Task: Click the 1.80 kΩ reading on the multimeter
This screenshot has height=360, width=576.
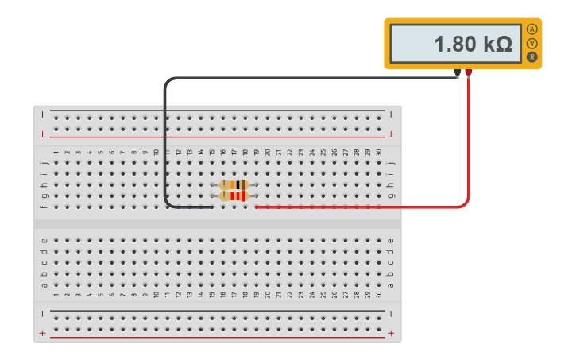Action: tap(472, 44)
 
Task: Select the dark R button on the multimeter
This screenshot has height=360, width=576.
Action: tap(532, 56)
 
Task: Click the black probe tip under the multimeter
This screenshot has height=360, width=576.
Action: tap(457, 74)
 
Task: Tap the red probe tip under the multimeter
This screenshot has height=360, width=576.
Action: tap(469, 74)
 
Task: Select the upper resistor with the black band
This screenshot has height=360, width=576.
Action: tap(234, 184)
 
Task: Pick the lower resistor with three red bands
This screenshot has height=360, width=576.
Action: tap(234, 195)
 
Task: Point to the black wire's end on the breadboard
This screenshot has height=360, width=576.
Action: tap(211, 207)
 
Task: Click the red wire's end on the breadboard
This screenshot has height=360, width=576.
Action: tap(257, 207)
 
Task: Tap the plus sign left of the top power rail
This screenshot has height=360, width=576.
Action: tap(43, 134)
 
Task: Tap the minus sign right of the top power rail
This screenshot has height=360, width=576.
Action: tap(391, 114)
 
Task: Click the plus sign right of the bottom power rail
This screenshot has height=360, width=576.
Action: tap(391, 334)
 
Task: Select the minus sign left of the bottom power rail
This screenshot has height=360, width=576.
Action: tap(43, 313)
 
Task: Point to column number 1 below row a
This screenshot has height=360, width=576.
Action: tap(56, 295)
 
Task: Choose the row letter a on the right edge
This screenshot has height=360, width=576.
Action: tap(389, 285)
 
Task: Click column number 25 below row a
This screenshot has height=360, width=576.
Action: tap(323, 295)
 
